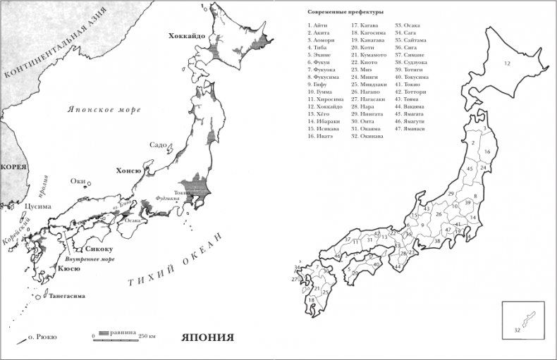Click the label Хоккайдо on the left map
pyautogui.click(x=187, y=35)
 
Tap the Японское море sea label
pyautogui.click(x=104, y=109)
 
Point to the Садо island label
pyautogui.click(x=158, y=145)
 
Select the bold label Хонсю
pyautogui.click(x=128, y=170)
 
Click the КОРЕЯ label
pyautogui.click(x=13, y=167)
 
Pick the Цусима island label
pyautogui.click(x=37, y=206)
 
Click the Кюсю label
pyautogui.click(x=68, y=268)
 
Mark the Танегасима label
pyautogui.click(x=68, y=296)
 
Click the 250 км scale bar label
pyautogui.click(x=147, y=335)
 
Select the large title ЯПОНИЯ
pyautogui.click(x=207, y=336)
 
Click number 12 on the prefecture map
pyautogui.click(x=506, y=64)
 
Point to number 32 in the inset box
pyautogui.click(x=517, y=330)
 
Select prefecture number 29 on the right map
pyautogui.click(x=450, y=193)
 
